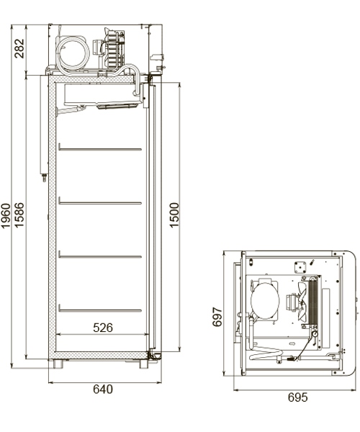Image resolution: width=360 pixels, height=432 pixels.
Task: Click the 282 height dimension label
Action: tap(19, 48)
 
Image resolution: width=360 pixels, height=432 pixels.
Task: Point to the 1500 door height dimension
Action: tap(174, 216)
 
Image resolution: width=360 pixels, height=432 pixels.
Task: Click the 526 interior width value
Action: tap(103, 328)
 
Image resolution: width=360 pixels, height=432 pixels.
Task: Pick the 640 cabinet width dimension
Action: tap(103, 390)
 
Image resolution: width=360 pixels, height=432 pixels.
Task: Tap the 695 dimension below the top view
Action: tap(297, 397)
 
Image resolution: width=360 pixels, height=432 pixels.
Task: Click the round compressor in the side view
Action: tap(75, 52)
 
